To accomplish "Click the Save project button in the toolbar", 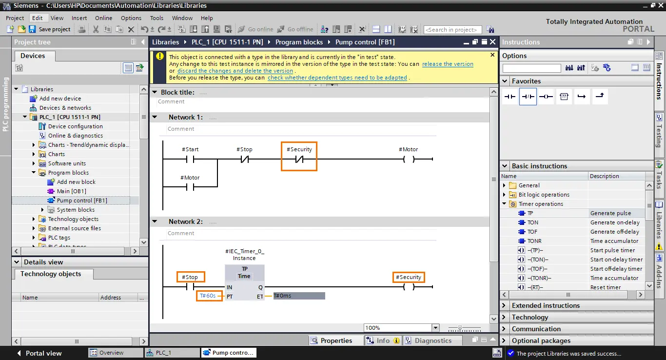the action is click(x=50, y=29).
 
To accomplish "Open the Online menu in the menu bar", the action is click(x=103, y=18).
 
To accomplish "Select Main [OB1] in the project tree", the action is click(x=71, y=191).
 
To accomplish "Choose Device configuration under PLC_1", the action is click(x=75, y=126).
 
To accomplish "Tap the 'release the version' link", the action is click(x=448, y=64).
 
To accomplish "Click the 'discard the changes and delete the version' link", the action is click(x=235, y=71).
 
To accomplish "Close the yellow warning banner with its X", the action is click(x=492, y=55).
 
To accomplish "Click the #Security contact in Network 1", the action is click(x=299, y=160).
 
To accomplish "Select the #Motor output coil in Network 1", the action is click(x=409, y=159).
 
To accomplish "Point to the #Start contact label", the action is click(x=190, y=149).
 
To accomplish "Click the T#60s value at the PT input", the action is click(x=207, y=296).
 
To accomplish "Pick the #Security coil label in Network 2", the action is click(x=409, y=277).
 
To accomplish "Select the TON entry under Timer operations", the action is click(x=532, y=222).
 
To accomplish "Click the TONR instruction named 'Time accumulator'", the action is click(x=534, y=240).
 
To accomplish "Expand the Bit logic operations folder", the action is click(x=504, y=195).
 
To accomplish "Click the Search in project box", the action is click(x=452, y=29).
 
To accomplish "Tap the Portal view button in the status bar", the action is click(x=39, y=353).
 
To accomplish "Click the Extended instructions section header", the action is click(x=546, y=305).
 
